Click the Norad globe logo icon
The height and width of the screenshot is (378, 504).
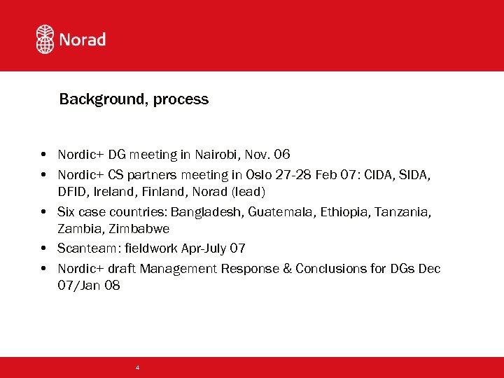click(45, 39)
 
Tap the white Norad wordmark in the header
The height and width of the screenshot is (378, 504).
click(83, 40)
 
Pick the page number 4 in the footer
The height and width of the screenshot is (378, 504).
click(137, 367)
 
